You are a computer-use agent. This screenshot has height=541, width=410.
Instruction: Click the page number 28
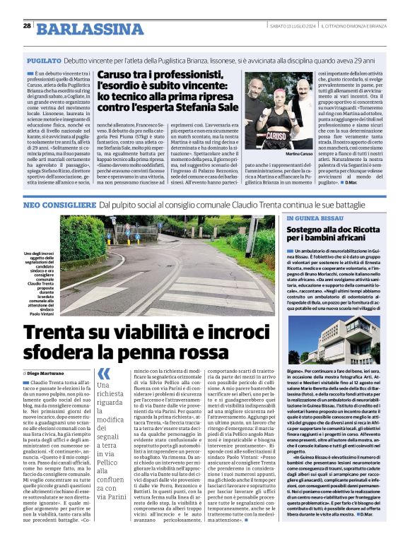[27, 26]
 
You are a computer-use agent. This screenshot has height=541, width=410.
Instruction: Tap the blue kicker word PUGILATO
[43, 62]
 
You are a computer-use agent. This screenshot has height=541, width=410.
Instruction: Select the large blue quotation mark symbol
[104, 374]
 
